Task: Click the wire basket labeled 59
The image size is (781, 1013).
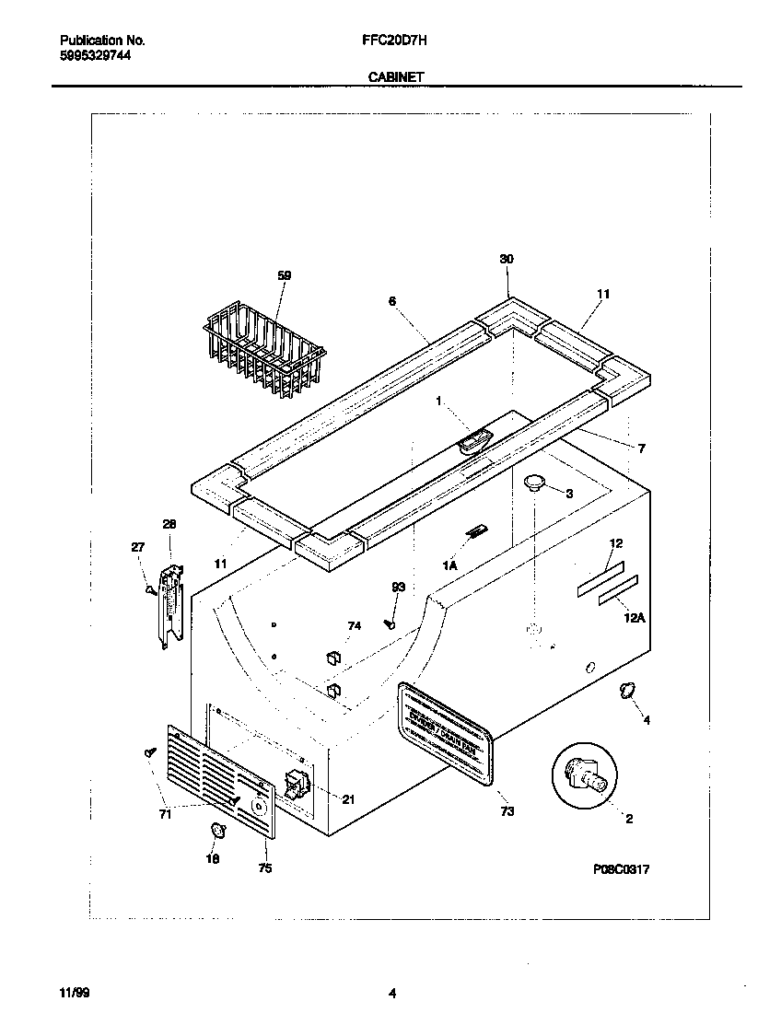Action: (265, 355)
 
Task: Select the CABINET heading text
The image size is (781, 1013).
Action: (396, 78)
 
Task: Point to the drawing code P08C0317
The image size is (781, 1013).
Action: (622, 868)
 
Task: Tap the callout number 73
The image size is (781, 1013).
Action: (507, 811)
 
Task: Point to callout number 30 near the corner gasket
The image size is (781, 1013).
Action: (506, 260)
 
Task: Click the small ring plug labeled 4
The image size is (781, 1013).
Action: (625, 691)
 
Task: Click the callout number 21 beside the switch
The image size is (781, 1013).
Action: (347, 799)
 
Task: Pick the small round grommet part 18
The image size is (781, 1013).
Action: (218, 831)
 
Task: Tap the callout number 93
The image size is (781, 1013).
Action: (398, 587)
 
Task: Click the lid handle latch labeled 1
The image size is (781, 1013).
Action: (472, 443)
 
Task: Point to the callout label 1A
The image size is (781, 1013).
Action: (449, 566)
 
